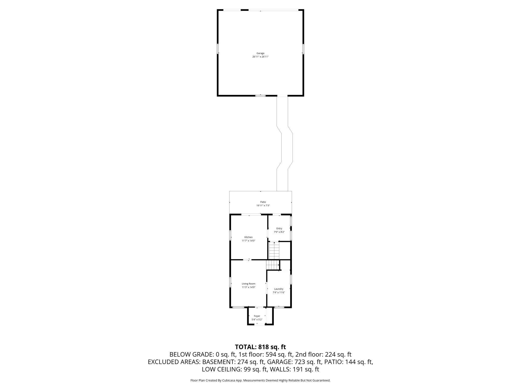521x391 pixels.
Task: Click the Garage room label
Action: tap(260, 53)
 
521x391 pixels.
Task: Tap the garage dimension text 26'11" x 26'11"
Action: tap(260, 57)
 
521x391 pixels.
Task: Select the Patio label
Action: tap(263, 202)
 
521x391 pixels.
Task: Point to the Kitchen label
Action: tap(248, 237)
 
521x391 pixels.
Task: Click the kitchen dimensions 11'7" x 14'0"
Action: tap(248, 241)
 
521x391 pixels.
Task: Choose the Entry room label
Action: tap(279, 228)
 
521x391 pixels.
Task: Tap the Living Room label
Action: tap(248, 284)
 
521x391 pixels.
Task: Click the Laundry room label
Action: tap(279, 289)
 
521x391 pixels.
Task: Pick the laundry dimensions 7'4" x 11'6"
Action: tap(279, 292)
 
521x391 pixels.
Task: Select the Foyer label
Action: tap(257, 316)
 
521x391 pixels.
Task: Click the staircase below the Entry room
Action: tap(274, 250)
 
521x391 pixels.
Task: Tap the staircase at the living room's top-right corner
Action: tap(273, 265)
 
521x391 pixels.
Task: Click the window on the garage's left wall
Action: tap(218, 49)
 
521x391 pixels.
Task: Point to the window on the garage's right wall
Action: tap(303, 49)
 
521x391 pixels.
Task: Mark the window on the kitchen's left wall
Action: tap(230, 235)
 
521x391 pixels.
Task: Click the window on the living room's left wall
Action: tap(230, 282)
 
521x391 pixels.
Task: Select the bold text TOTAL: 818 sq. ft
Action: tap(260, 347)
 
